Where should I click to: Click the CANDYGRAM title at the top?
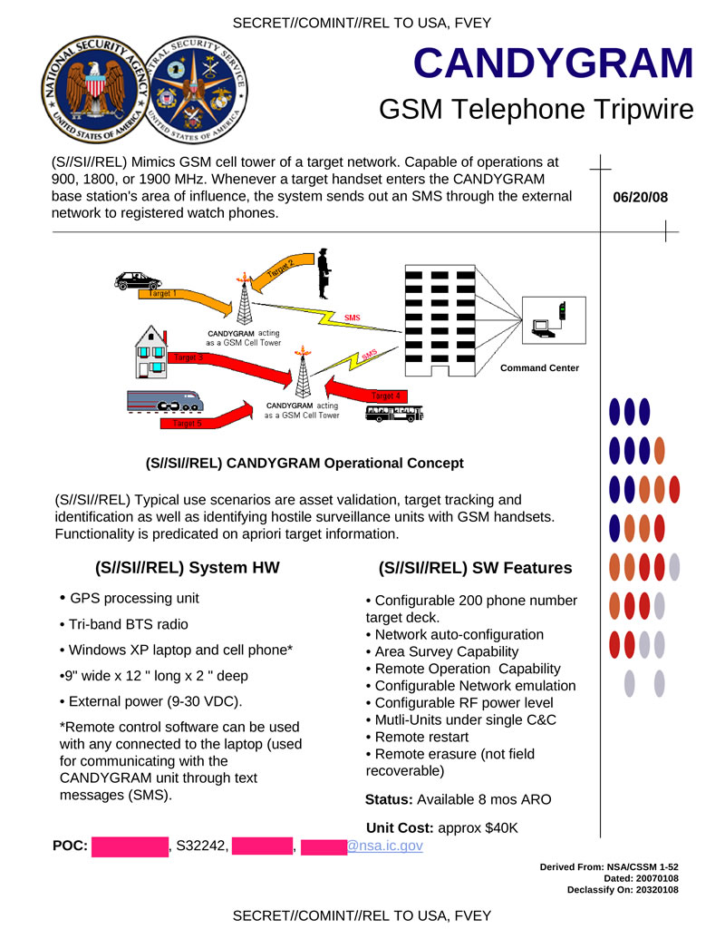click(553, 63)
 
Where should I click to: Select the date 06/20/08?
click(640, 197)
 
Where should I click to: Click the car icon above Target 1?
click(138, 281)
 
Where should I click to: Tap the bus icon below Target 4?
click(393, 414)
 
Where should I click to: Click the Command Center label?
click(539, 367)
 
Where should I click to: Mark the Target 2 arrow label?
click(281, 269)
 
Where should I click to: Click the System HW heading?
click(188, 568)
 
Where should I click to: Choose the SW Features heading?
click(475, 568)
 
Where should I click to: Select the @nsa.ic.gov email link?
click(384, 846)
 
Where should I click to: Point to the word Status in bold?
click(389, 799)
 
